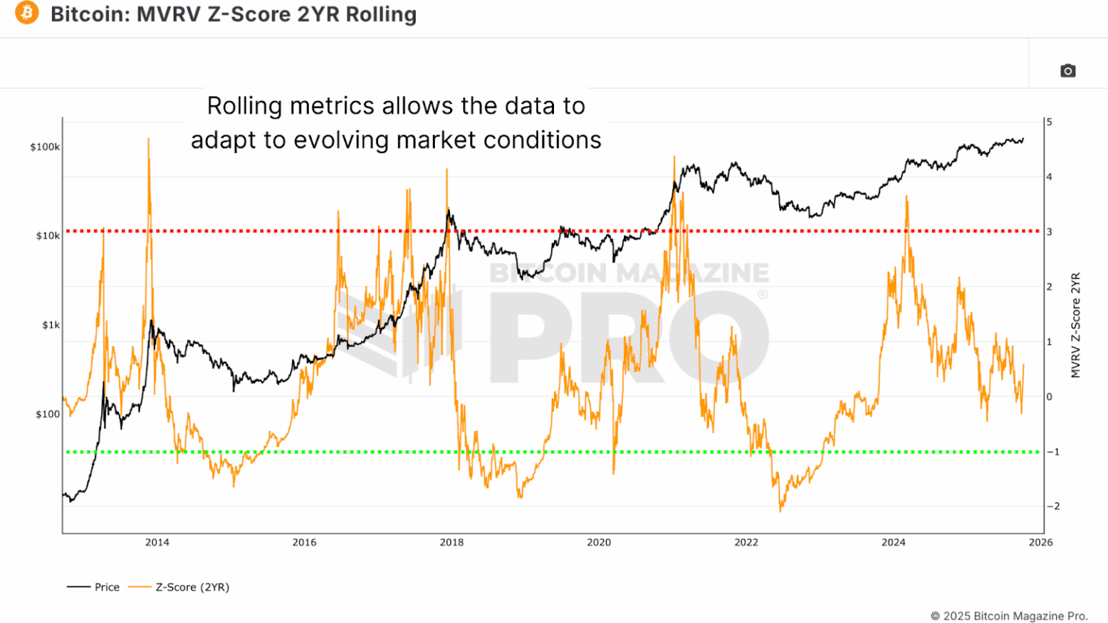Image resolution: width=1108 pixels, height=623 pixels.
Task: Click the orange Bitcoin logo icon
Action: point(27,13)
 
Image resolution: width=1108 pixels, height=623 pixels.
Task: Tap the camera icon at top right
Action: point(1068,71)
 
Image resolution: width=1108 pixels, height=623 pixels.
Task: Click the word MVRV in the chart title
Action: point(168,14)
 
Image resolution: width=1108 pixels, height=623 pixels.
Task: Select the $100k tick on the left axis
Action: point(45,147)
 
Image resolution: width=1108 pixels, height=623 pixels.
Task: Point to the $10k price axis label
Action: point(48,236)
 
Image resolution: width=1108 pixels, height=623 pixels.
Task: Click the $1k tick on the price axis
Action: point(50,326)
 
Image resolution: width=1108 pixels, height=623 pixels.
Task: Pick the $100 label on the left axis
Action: point(48,414)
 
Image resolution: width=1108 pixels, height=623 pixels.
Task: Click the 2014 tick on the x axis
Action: point(157,543)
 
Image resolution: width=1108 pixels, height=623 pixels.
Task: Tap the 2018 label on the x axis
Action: point(452,543)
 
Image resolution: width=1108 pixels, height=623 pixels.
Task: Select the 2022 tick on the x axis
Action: point(746,543)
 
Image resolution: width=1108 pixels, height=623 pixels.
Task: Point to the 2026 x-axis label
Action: point(1040,543)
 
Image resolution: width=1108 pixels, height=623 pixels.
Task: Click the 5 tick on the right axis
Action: point(1050,123)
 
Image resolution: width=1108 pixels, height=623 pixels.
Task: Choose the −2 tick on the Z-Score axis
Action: point(1053,507)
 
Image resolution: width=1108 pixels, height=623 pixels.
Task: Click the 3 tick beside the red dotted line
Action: point(1050,232)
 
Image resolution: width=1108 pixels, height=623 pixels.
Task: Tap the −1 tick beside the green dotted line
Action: point(1053,452)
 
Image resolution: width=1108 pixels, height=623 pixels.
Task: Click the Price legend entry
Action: point(107,588)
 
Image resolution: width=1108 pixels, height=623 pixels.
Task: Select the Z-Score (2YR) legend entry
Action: point(192,588)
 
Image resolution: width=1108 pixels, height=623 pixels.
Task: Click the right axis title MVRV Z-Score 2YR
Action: point(1076,325)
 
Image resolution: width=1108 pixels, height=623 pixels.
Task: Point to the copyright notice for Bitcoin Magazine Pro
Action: point(1008,616)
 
